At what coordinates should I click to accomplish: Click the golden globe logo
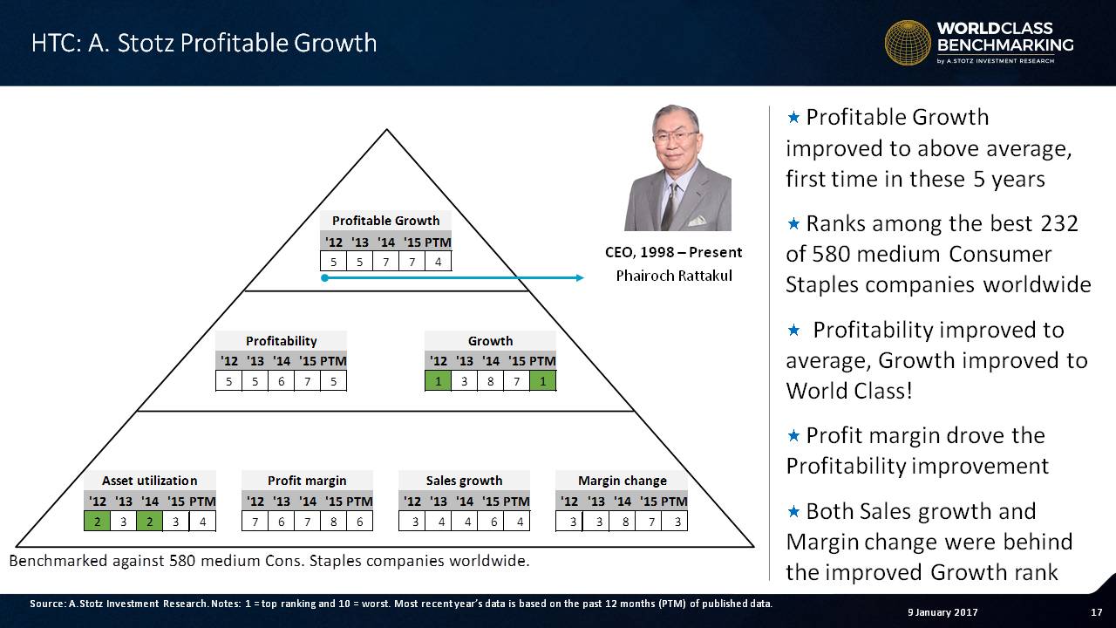pyautogui.click(x=908, y=43)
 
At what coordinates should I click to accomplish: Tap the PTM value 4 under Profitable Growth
pyautogui.click(x=438, y=262)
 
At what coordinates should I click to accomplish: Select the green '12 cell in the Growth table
pyautogui.click(x=438, y=381)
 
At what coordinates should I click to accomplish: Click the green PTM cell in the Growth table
pyautogui.click(x=542, y=381)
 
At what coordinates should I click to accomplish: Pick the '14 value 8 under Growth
pyautogui.click(x=490, y=381)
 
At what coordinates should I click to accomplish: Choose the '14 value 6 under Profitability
pyautogui.click(x=281, y=381)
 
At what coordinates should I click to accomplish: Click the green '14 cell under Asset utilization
pyautogui.click(x=149, y=522)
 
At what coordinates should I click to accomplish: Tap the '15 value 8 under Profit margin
pyautogui.click(x=333, y=522)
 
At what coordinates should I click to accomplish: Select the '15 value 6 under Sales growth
pyautogui.click(x=493, y=522)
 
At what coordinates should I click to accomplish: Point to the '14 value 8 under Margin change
pyautogui.click(x=625, y=522)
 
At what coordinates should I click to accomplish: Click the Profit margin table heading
pyautogui.click(x=307, y=481)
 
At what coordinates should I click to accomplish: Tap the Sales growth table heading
pyautogui.click(x=464, y=481)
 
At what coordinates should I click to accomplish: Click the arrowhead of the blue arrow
pyautogui.click(x=580, y=277)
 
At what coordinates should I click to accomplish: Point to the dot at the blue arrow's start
pyautogui.click(x=325, y=277)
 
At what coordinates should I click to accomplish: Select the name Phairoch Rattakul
pyautogui.click(x=674, y=276)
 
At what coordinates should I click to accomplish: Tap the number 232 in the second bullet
pyautogui.click(x=1058, y=224)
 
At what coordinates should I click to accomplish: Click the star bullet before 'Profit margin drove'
pyautogui.click(x=793, y=436)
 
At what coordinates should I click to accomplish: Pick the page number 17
pyautogui.click(x=1096, y=612)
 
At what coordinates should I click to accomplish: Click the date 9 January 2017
pyautogui.click(x=942, y=612)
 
